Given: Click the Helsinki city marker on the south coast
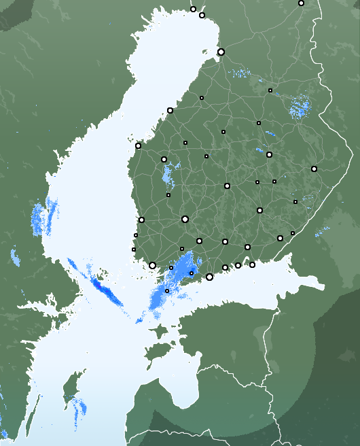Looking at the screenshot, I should (209, 277).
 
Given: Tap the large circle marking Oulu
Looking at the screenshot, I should (221, 52).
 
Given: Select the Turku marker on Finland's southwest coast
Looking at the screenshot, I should (152, 266).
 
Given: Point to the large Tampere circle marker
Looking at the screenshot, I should (185, 219).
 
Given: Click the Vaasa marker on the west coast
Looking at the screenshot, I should (138, 145).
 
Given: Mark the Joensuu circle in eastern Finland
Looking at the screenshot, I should (314, 169).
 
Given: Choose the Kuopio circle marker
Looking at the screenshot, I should (269, 154).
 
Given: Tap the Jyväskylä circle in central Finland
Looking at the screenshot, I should (227, 186).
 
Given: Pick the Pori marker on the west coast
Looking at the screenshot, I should (141, 220).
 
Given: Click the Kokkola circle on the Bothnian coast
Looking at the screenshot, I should (170, 110).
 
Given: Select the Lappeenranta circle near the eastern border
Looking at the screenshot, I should (280, 238).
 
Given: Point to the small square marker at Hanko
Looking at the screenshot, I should (167, 291).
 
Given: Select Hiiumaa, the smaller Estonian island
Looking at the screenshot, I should (160, 332).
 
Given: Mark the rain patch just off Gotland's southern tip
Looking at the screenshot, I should (79, 407).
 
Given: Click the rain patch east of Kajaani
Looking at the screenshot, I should (298, 107).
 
